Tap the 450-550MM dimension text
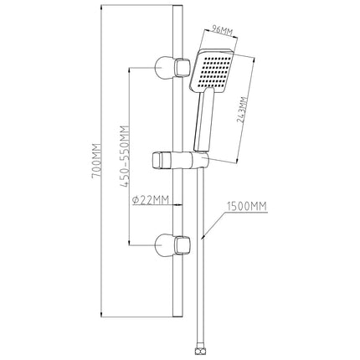coord(126,157)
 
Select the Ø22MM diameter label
coord(151,200)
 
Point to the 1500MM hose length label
coord(247,206)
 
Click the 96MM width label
coord(222,30)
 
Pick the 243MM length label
coord(242,110)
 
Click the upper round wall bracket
coord(164,68)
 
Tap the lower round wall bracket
coord(164,245)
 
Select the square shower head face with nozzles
coord(212,71)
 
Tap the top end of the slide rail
coord(177,6)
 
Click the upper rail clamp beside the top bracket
coord(183,68)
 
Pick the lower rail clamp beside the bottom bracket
coord(183,245)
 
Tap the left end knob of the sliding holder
coord(158,161)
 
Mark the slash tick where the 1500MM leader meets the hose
coord(203,237)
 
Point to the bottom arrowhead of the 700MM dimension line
coord(101,315)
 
